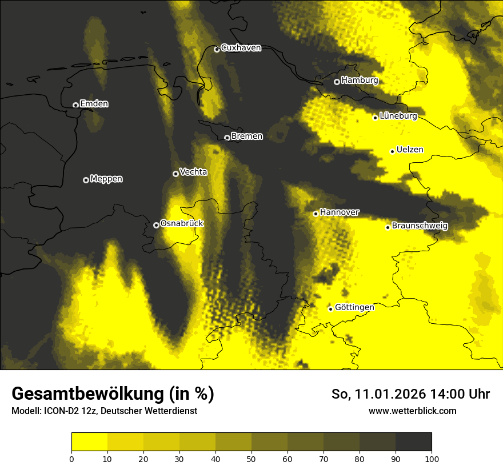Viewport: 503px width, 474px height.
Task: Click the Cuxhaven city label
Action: [x=241, y=48]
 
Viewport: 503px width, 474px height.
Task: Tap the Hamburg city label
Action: [x=360, y=81]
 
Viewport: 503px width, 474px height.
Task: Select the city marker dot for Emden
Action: [x=75, y=105]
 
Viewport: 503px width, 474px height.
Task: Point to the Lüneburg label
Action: [x=398, y=116]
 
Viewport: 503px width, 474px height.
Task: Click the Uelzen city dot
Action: [x=392, y=151]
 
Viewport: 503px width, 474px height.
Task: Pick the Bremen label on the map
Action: [x=247, y=136]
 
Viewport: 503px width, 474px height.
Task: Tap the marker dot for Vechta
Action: [x=175, y=174]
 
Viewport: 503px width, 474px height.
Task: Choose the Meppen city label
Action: [x=106, y=179]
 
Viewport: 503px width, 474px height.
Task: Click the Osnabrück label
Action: [x=182, y=223]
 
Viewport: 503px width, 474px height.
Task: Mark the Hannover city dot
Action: [x=316, y=214]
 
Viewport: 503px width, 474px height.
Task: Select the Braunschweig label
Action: [x=420, y=226]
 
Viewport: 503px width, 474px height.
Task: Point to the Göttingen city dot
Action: [x=330, y=309]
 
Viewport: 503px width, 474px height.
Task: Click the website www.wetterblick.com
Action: [x=412, y=411]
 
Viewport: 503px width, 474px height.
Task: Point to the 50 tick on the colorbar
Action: [x=251, y=458]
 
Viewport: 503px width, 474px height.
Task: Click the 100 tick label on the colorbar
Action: [x=431, y=458]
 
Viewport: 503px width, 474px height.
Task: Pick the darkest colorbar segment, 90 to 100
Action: [x=413, y=442]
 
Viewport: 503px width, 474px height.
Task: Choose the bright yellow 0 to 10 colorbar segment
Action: [x=89, y=442]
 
